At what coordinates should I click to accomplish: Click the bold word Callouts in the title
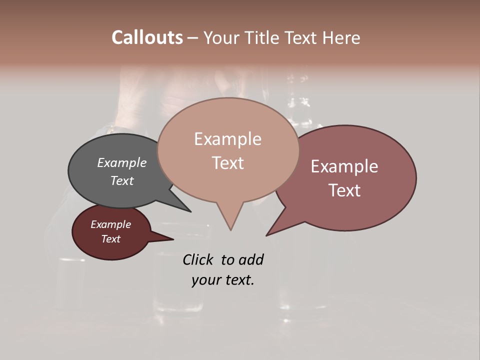147,37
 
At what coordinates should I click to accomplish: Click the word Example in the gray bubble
122,162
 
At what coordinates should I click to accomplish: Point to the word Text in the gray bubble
122,180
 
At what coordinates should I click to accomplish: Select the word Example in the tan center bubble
227,139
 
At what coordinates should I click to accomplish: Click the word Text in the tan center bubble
227,163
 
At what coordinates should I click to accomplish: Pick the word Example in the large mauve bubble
344,166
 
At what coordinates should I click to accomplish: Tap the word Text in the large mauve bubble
344,190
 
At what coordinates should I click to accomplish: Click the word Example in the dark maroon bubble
110,224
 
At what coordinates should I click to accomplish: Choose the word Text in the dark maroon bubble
110,239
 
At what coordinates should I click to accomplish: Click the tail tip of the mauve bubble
267,234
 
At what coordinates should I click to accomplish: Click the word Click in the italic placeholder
197,259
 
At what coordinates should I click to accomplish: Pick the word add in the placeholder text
251,259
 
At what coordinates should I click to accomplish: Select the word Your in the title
222,37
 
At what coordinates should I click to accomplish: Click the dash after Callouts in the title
193,37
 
